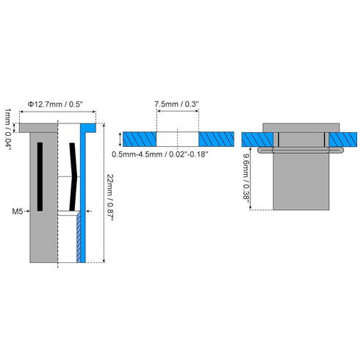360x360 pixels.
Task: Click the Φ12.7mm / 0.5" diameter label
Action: click(55, 104)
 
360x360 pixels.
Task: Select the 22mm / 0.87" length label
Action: click(110, 198)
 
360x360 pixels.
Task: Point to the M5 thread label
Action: click(18, 212)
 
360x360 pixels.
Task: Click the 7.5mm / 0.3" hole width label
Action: click(176, 104)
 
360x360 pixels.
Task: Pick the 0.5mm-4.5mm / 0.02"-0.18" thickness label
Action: click(160, 154)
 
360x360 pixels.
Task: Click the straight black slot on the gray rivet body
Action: click(40, 176)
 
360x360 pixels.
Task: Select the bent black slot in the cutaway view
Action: click(73, 176)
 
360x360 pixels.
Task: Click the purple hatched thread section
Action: click(79, 237)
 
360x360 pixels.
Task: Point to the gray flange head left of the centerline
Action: click(38, 128)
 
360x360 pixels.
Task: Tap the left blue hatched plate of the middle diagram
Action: click(140, 139)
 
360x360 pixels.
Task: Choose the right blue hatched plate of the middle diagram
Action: click(216, 139)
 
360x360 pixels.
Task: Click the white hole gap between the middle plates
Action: click(178, 139)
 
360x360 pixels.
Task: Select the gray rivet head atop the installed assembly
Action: click(301, 128)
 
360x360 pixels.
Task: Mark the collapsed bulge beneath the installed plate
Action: click(300, 150)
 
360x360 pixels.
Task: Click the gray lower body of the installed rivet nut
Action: click(301, 181)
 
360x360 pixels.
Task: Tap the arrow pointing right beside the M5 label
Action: click(26, 211)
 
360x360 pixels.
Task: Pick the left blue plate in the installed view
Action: click(257, 140)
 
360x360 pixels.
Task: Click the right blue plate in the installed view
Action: click(343, 140)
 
